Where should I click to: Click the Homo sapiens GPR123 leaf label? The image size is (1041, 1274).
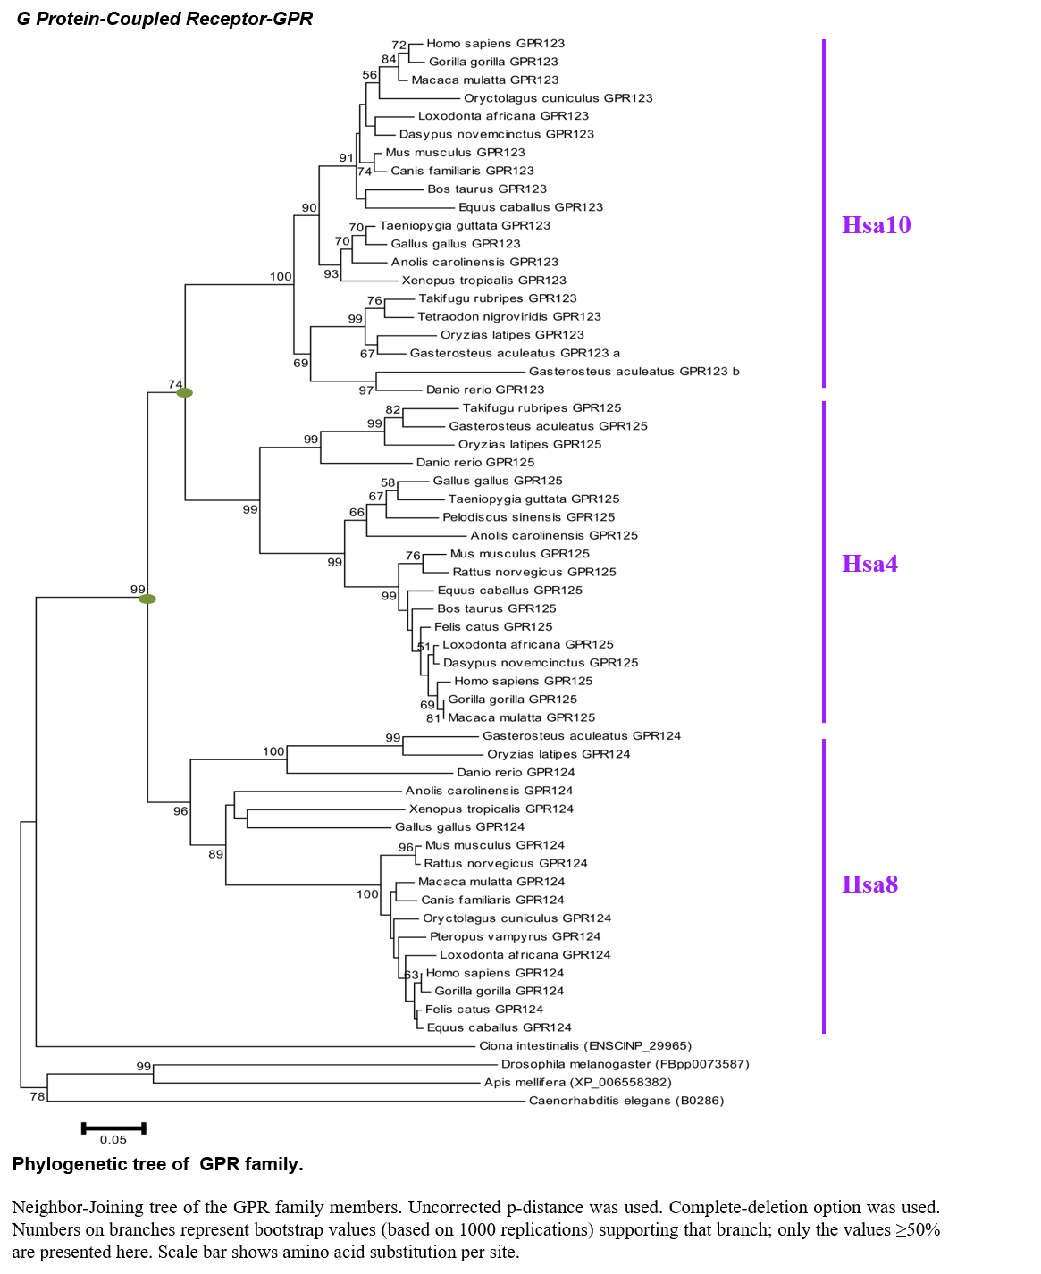(x=495, y=44)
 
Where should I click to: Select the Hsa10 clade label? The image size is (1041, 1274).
(x=876, y=225)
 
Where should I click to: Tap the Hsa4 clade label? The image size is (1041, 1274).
(x=869, y=564)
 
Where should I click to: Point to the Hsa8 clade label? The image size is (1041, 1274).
(x=869, y=884)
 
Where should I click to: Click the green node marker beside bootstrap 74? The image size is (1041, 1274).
(x=184, y=392)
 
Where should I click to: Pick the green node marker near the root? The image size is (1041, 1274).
(x=147, y=599)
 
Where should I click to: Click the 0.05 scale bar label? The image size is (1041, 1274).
(x=113, y=1140)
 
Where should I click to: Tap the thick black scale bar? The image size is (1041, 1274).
(x=113, y=1127)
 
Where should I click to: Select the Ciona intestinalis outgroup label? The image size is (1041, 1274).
(x=585, y=1045)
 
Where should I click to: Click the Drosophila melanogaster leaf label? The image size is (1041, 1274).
(x=625, y=1064)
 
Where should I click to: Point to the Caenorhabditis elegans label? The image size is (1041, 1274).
(x=625, y=1101)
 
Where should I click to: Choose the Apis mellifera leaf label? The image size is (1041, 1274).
(x=577, y=1083)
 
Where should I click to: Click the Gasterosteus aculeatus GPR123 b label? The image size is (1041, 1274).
(x=634, y=372)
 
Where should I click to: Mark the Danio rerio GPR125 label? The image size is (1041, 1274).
(x=474, y=463)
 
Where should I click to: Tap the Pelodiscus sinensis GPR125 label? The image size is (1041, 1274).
(x=528, y=517)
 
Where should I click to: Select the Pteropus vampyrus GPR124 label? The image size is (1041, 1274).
(x=515, y=936)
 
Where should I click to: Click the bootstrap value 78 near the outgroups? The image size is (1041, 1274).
(x=38, y=1096)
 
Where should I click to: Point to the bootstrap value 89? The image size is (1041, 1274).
(x=215, y=854)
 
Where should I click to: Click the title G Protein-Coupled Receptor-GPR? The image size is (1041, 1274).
(x=164, y=19)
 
